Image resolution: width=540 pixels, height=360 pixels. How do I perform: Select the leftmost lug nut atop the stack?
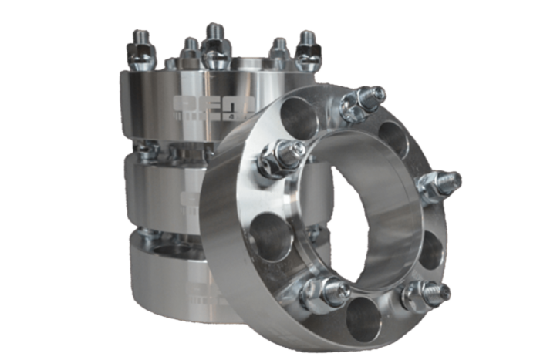click(x=141, y=52)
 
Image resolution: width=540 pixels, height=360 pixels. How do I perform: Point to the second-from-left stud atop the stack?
click(x=189, y=52)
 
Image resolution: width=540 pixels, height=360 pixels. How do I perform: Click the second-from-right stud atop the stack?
click(x=279, y=51)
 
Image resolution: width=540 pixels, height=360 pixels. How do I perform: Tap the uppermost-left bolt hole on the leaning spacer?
click(x=299, y=119)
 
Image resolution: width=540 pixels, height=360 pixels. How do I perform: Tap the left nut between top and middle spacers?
click(x=147, y=151)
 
